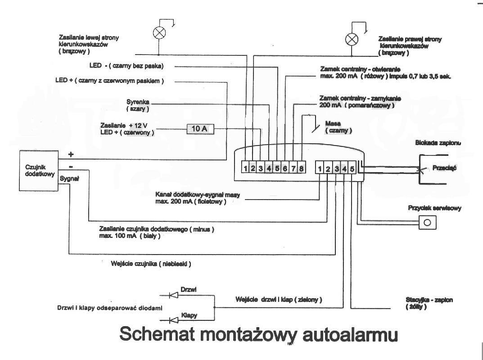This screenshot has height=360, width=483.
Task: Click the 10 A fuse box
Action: pos(200,129)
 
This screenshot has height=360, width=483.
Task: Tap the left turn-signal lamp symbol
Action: pos(159,32)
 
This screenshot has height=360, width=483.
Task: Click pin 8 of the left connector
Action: pos(301,169)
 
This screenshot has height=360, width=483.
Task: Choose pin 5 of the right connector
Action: pos(352,169)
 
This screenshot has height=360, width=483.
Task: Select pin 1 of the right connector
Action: pos(320,169)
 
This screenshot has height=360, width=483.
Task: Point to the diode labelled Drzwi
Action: pos(174,296)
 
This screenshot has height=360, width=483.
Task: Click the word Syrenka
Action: pos(138,102)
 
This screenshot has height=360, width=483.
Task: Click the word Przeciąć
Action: pos(444,168)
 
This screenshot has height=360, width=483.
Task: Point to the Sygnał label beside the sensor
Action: pos(69,178)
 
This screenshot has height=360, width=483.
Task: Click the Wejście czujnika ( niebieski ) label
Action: pos(151,264)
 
